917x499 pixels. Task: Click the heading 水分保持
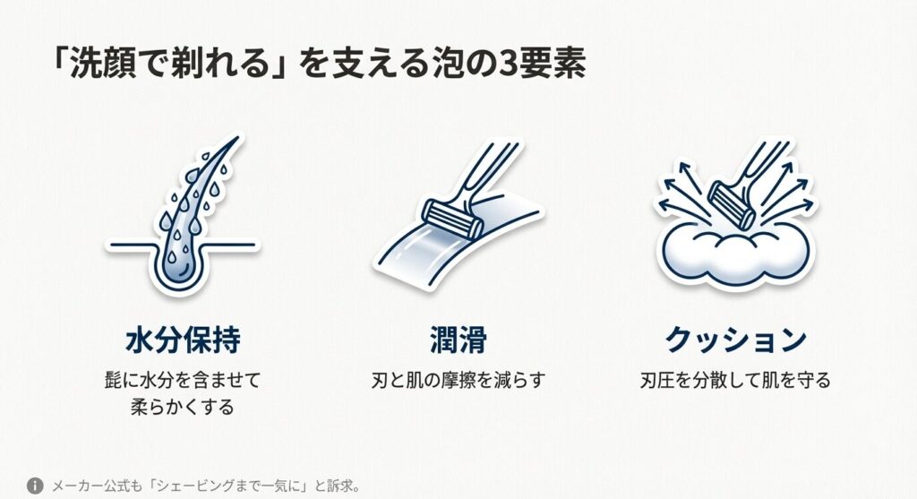pyautogui.click(x=183, y=340)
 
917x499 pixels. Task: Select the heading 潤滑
pyautogui.click(x=458, y=340)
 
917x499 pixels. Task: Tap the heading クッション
pyautogui.click(x=735, y=340)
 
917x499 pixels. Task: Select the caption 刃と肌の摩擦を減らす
pyautogui.click(x=458, y=380)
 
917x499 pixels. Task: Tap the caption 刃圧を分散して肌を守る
pyautogui.click(x=735, y=380)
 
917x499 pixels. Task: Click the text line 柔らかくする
pyautogui.click(x=183, y=407)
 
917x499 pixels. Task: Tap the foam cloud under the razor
pyautogui.click(x=735, y=253)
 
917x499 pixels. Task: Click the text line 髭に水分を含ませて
pyautogui.click(x=183, y=380)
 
